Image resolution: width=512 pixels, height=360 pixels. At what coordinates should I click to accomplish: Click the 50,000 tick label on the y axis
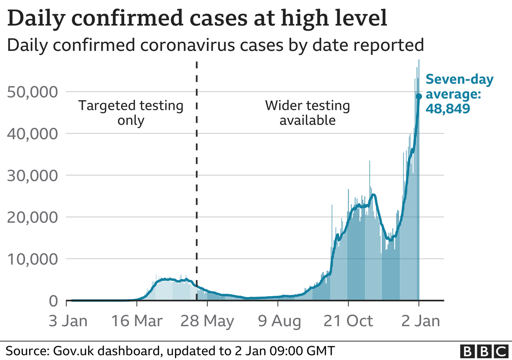pos(32,92)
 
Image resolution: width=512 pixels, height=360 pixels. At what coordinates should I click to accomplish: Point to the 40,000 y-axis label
pos(32,134)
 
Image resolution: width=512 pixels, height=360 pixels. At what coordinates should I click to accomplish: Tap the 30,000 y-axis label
pos(32,176)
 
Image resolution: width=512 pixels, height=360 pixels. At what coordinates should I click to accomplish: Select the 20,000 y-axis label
pos(32,218)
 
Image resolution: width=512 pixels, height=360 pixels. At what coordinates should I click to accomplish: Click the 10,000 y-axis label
pos(32,260)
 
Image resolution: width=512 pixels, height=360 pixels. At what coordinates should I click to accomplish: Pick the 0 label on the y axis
pos(54,301)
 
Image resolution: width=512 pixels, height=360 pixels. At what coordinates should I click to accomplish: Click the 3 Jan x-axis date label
pos(68,321)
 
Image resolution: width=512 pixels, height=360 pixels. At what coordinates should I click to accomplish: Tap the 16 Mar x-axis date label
pos(137,321)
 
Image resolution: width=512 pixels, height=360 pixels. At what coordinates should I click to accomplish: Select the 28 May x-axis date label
pos(207,322)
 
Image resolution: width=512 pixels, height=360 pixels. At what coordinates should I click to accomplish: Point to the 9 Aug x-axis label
pos(279,322)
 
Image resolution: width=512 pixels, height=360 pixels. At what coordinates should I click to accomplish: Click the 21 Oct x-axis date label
pos(348,321)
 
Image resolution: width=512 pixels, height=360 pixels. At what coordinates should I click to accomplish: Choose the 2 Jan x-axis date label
pos(421,321)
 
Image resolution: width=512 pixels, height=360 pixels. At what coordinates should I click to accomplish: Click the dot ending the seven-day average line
pos(419,96)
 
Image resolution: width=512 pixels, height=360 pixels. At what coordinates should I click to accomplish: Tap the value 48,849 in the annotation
pos(448,108)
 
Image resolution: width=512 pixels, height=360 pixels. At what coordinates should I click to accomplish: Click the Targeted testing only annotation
pos(131,113)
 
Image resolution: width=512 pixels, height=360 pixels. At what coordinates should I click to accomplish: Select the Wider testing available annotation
pos(308,113)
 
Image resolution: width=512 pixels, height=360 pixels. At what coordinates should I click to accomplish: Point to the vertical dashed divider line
pos(197,180)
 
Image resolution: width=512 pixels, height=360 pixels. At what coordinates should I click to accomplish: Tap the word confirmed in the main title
pos(128,18)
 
